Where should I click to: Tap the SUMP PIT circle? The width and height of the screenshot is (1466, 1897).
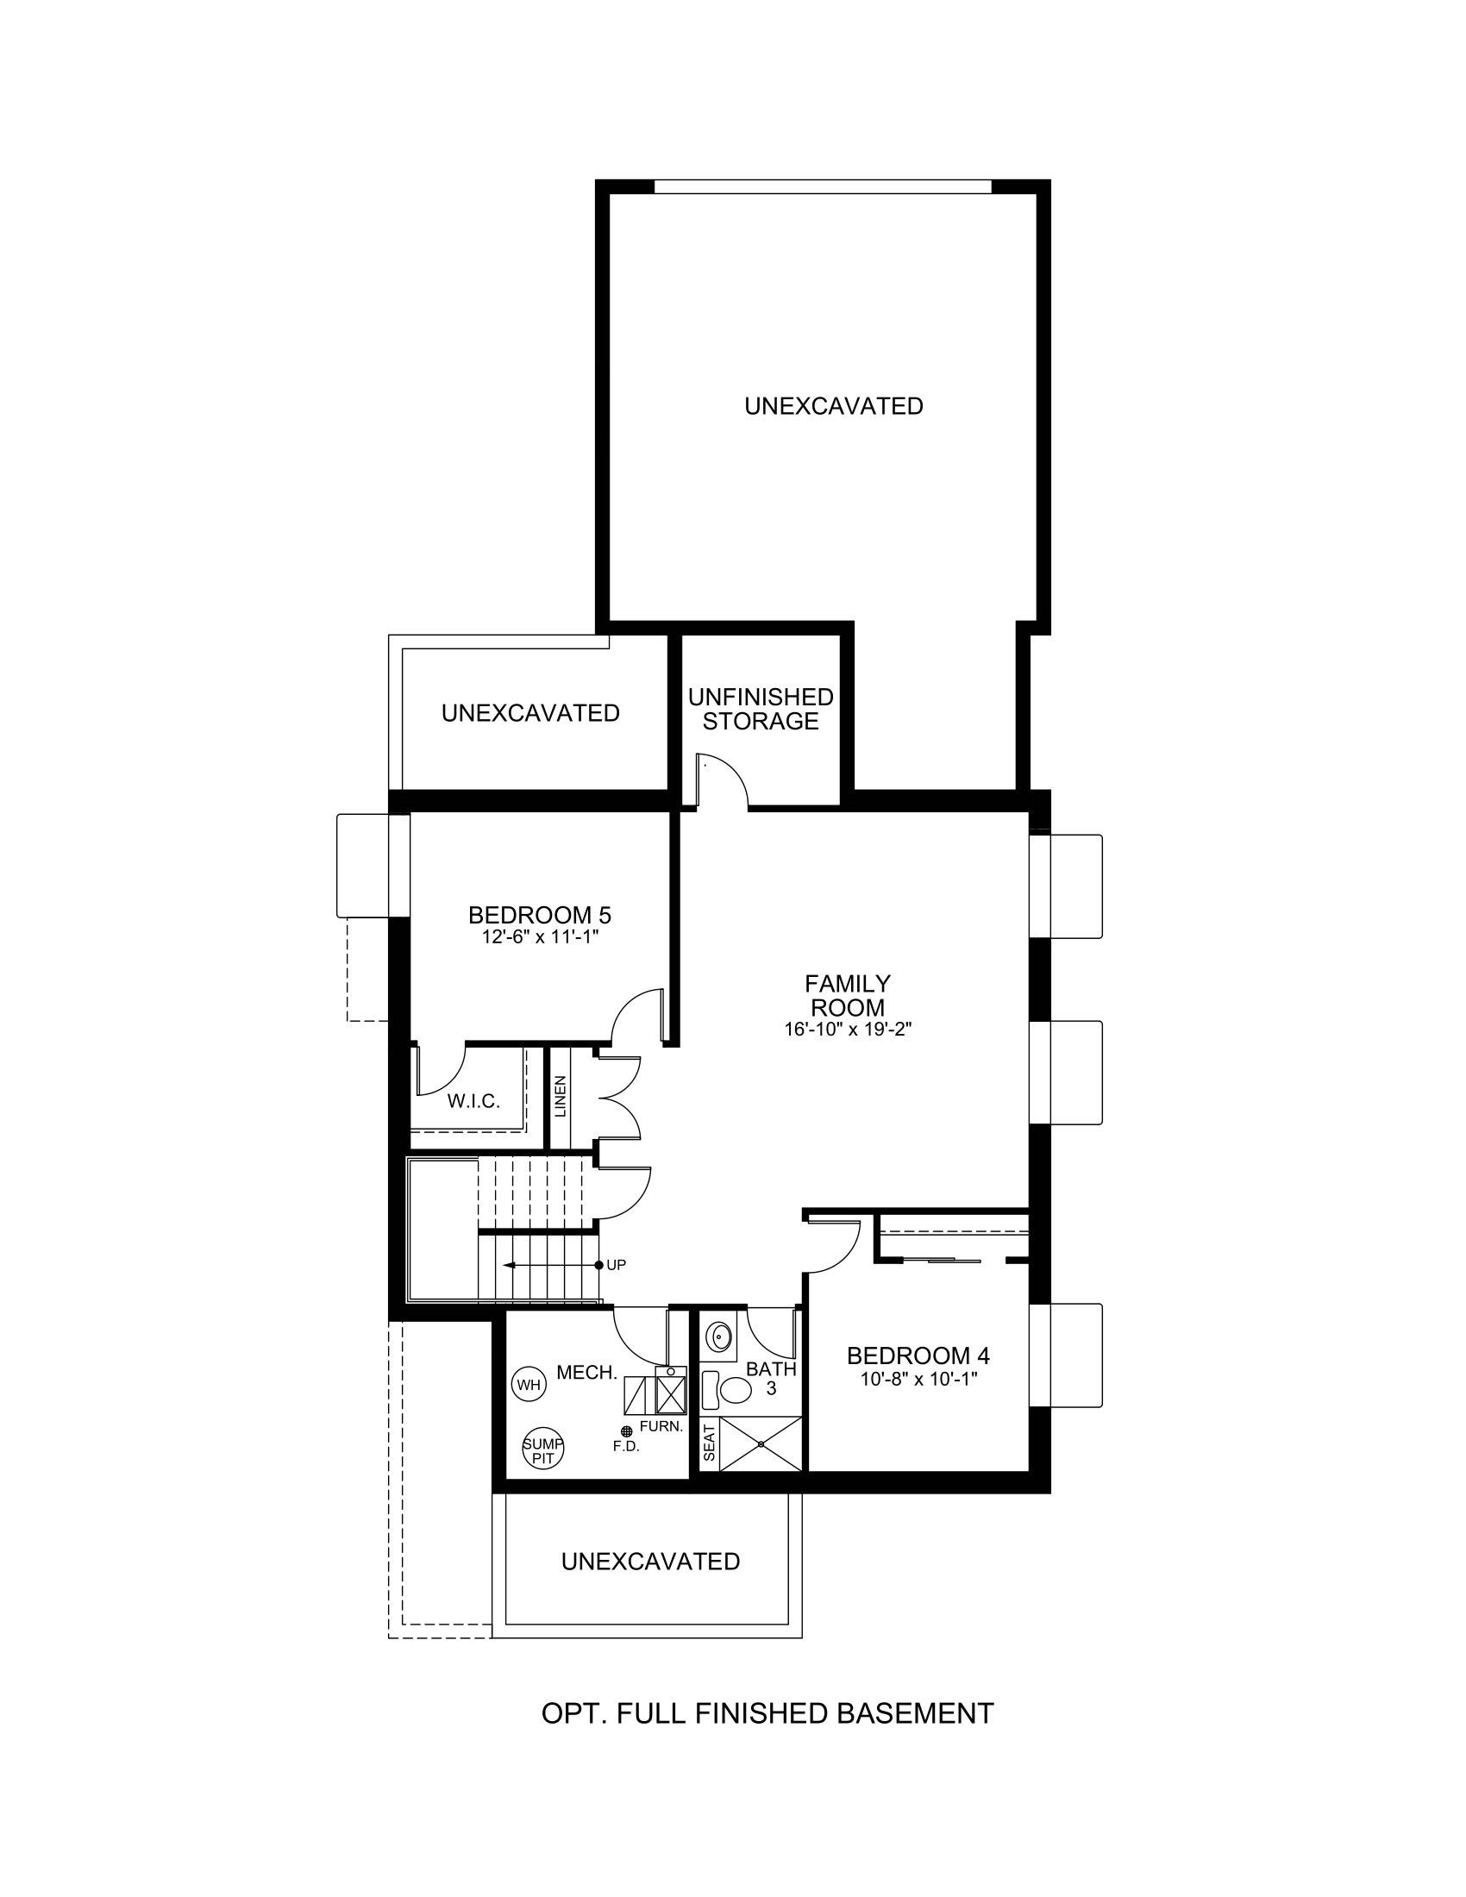(x=542, y=1450)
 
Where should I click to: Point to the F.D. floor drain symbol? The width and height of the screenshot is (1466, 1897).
(x=625, y=1431)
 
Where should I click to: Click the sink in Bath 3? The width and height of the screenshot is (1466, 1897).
(x=718, y=1337)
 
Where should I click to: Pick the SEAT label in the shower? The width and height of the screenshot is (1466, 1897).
(x=709, y=1442)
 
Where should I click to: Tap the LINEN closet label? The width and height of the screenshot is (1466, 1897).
(x=561, y=1097)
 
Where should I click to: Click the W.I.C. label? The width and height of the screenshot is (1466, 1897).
(x=473, y=1102)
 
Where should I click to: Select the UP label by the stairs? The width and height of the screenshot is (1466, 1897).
(x=616, y=1266)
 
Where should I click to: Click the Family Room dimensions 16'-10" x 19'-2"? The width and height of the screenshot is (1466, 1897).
(x=847, y=1030)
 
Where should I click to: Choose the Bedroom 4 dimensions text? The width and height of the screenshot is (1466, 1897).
(x=919, y=1379)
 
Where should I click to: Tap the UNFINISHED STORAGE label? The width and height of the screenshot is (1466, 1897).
(x=761, y=709)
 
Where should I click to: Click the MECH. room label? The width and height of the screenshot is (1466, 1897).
(x=587, y=1373)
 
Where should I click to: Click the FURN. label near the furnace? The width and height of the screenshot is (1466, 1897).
(x=661, y=1426)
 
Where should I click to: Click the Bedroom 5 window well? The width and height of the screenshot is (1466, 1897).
(x=362, y=865)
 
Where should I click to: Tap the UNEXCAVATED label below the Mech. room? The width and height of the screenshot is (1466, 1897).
(x=650, y=1561)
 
